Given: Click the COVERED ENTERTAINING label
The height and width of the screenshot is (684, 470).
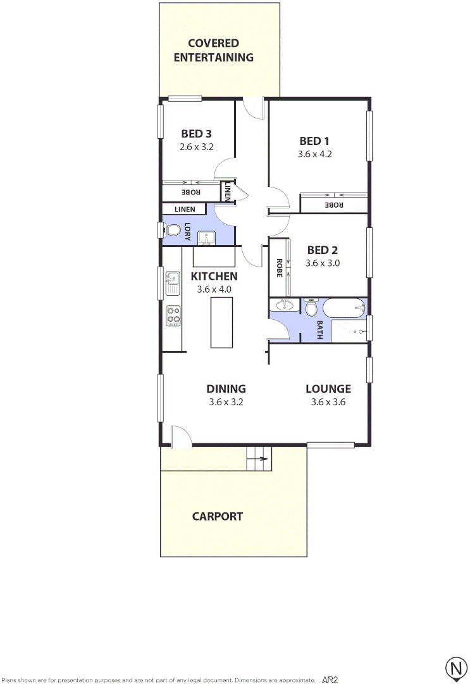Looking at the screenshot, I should [x=213, y=50].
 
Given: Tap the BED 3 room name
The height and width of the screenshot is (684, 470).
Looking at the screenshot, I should [x=196, y=134].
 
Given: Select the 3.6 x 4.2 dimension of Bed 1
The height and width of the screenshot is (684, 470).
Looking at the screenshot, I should [x=315, y=153].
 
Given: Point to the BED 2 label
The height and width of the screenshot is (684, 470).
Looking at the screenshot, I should [x=323, y=250].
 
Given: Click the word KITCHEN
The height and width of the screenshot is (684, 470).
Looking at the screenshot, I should [x=214, y=276].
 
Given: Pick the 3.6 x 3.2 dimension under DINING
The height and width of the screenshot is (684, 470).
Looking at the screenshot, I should [x=226, y=402].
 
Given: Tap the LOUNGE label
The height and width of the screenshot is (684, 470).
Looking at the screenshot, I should [x=328, y=389].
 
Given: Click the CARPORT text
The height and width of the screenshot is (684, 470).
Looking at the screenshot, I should [x=217, y=516].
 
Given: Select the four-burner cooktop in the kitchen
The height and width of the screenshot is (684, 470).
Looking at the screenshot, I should [x=173, y=315].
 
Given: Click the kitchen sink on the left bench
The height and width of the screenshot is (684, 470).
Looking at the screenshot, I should [x=173, y=282].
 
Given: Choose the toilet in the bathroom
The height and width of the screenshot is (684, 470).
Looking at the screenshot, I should [x=311, y=308].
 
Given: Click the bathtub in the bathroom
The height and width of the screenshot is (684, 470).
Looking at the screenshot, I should [x=344, y=308].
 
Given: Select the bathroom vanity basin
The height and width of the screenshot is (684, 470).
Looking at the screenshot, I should [x=284, y=306].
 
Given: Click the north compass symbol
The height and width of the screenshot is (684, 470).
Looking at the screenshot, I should [x=455, y=668].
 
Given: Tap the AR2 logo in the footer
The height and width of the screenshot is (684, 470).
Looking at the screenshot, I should [x=330, y=679].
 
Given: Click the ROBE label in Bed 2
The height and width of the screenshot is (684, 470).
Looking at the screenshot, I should [x=278, y=268].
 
